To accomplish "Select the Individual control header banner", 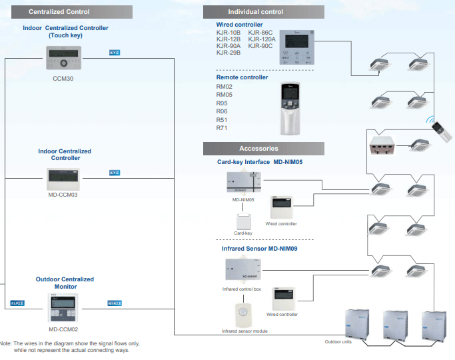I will (264, 11).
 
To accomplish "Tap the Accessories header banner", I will (264, 148).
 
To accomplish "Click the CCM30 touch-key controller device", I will (63, 58).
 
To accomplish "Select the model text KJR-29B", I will (228, 53).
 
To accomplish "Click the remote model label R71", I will (222, 127).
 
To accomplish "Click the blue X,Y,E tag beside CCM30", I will (114, 52).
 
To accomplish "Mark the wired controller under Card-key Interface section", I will (282, 208).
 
